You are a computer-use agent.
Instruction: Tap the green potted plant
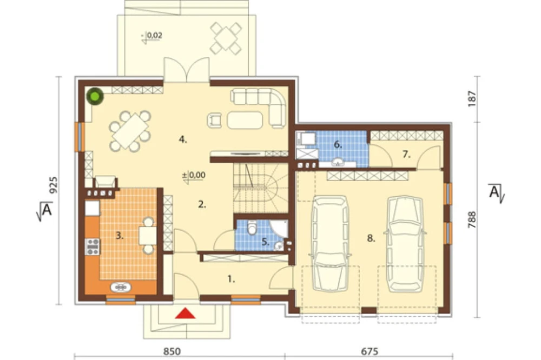tap(95, 97)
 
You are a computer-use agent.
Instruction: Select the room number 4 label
tap(183, 139)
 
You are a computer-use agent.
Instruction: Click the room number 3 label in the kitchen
tap(120, 236)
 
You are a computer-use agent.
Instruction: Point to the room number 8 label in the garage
tap(371, 238)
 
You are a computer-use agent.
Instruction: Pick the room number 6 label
tap(338, 145)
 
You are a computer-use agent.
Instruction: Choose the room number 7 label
tap(406, 155)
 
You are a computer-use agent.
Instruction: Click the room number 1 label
tap(231, 279)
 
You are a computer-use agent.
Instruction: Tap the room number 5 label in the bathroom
tap(265, 242)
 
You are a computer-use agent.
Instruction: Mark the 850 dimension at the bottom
tap(172, 351)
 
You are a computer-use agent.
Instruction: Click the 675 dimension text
tap(370, 351)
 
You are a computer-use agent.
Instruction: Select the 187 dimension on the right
tap(472, 98)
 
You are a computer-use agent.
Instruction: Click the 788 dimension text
tap(472, 219)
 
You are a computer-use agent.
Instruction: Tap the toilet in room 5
tap(252, 228)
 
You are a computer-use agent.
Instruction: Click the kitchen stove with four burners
tap(93, 246)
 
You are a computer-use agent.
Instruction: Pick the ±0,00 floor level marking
tap(194, 176)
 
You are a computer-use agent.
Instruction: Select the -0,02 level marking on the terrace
tap(151, 36)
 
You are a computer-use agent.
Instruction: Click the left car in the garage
tap(330, 243)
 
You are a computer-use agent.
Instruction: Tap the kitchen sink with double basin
tap(121, 287)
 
